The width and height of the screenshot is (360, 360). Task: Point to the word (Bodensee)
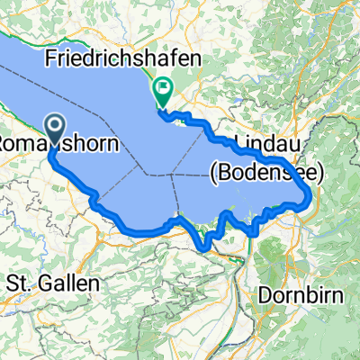(x=260, y=167)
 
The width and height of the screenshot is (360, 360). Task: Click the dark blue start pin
(x=53, y=129)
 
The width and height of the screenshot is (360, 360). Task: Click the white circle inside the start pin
(x=53, y=126)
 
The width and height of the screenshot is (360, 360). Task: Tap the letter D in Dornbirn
(x=264, y=293)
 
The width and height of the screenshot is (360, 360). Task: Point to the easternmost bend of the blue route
(x=311, y=193)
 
